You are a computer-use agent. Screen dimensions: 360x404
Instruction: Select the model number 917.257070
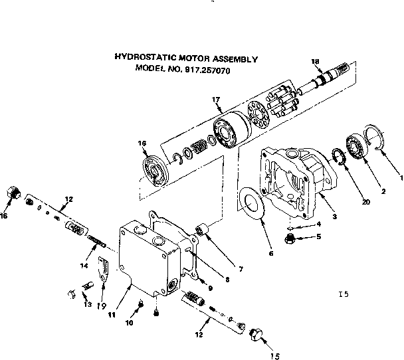[208, 68]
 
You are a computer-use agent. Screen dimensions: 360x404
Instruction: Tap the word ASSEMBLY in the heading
[235, 58]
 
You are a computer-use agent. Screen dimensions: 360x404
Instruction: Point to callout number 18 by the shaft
[316, 61]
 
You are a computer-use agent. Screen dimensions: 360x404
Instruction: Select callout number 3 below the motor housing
[334, 217]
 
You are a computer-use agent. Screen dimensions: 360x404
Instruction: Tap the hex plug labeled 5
[291, 237]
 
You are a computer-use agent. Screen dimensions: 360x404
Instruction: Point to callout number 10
[130, 323]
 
